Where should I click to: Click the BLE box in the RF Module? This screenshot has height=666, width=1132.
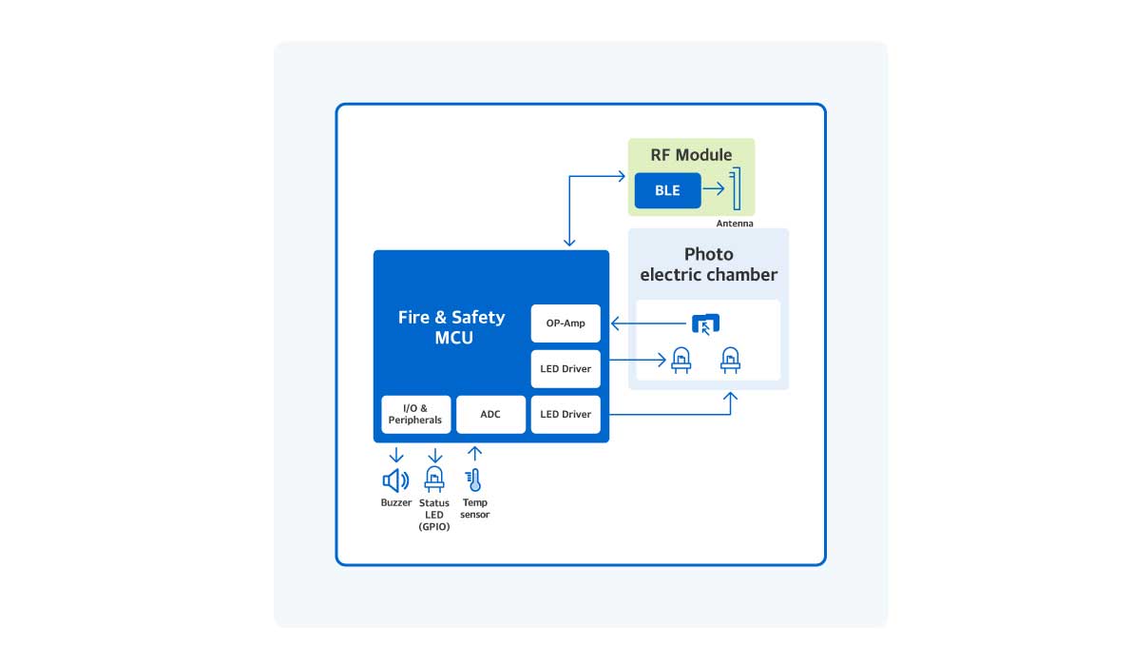pyautogui.click(x=667, y=190)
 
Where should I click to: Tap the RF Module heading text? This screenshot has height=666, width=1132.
pyautogui.click(x=691, y=155)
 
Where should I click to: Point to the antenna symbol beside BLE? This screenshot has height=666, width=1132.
pyautogui.click(x=734, y=189)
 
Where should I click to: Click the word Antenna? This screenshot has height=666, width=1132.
pyautogui.click(x=735, y=224)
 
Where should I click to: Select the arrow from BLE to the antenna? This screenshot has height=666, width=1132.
pyautogui.click(x=714, y=190)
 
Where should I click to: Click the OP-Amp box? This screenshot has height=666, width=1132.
pyautogui.click(x=566, y=323)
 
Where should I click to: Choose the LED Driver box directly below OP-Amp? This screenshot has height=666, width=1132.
pyautogui.click(x=566, y=369)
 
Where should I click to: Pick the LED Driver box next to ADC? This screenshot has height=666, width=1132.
pyautogui.click(x=566, y=414)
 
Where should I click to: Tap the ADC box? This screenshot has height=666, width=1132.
pyautogui.click(x=490, y=414)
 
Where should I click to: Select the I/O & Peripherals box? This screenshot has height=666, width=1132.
pyautogui.click(x=415, y=414)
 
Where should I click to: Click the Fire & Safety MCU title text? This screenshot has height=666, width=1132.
pyautogui.click(x=451, y=327)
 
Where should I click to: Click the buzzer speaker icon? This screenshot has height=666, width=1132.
pyautogui.click(x=395, y=480)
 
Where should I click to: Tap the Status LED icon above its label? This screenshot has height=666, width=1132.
pyautogui.click(x=434, y=480)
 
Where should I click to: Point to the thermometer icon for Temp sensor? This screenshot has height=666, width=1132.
pyautogui.click(x=474, y=480)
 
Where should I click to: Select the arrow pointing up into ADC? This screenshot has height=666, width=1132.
pyautogui.click(x=474, y=454)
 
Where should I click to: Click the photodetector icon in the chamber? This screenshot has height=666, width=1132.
pyautogui.click(x=705, y=324)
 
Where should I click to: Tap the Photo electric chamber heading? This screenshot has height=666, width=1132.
pyautogui.click(x=708, y=264)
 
